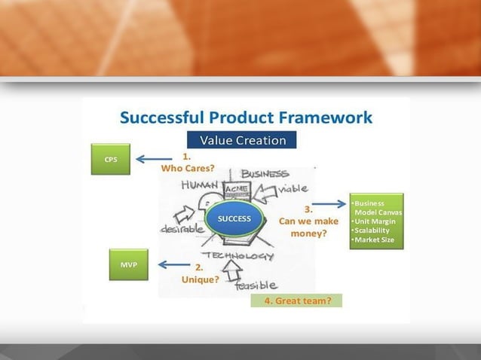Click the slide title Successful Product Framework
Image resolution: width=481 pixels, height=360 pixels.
(x=246, y=117)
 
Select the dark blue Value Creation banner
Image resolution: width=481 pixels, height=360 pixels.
(x=242, y=140)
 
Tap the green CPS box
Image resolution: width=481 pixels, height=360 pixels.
(x=110, y=159)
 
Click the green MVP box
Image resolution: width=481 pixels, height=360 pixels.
(x=128, y=264)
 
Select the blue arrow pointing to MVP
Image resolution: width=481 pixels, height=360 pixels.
(x=173, y=264)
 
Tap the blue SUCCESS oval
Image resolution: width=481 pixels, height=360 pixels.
(x=234, y=218)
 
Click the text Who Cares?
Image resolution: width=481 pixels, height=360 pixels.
(x=188, y=168)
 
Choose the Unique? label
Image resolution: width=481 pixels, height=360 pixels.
(x=200, y=279)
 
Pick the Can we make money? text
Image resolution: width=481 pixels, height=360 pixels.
(x=308, y=227)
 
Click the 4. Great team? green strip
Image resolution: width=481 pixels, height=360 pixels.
(x=296, y=301)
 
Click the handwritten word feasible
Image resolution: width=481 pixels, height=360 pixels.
(x=256, y=285)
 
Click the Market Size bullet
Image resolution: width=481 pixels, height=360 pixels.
(x=373, y=239)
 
